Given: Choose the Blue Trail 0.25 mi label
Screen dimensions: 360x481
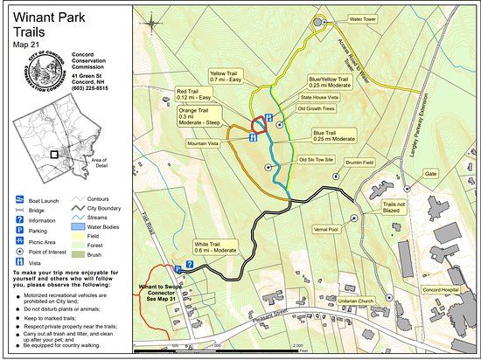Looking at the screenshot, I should pos(334,136).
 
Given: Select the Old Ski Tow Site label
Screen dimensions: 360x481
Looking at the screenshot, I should pos(317,161).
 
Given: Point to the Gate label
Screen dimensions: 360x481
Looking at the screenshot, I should pos(431,174).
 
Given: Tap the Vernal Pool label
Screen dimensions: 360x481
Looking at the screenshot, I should pos(325,229).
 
